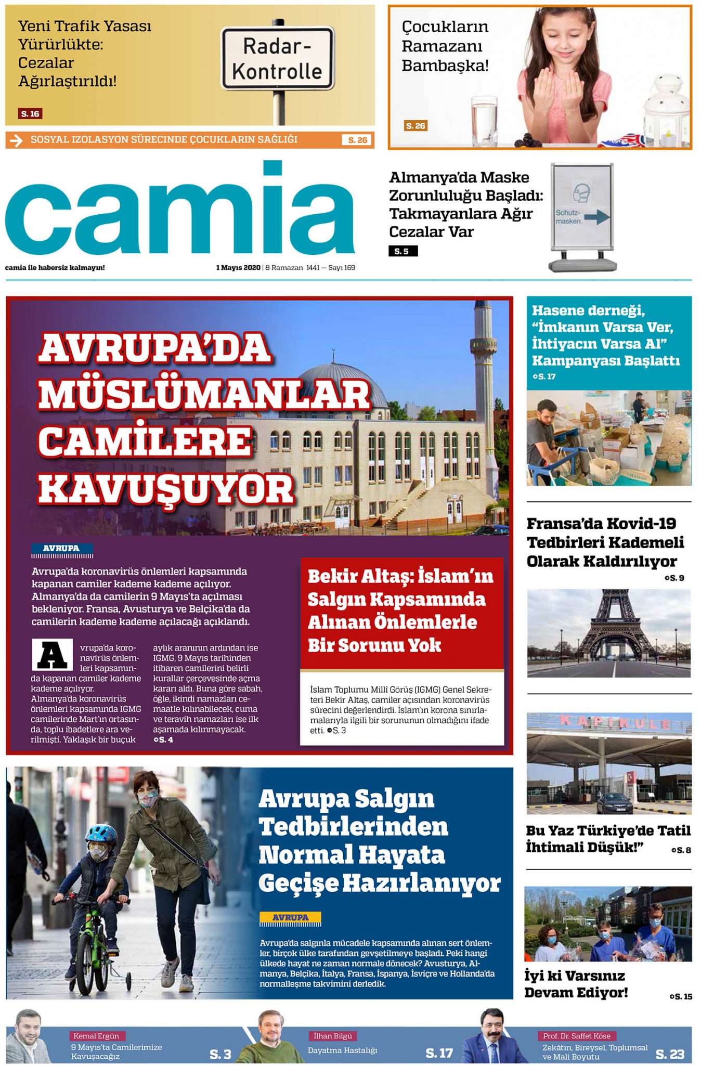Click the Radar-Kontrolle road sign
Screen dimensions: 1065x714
click(x=277, y=58)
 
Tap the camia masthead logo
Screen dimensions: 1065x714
click(x=180, y=211)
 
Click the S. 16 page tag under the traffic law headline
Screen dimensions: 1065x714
click(x=30, y=114)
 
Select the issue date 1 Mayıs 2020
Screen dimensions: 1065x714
click(x=238, y=268)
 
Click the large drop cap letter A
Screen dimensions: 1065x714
click(x=52, y=655)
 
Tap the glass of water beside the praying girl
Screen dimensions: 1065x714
click(x=483, y=120)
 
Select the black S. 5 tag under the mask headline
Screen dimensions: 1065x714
click(x=402, y=251)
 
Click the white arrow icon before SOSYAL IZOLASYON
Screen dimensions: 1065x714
click(x=17, y=140)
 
